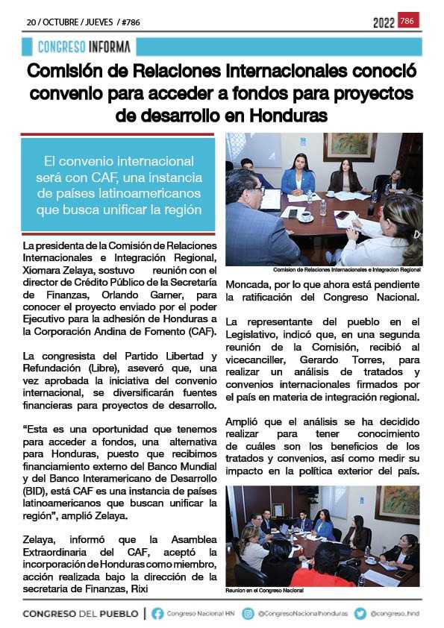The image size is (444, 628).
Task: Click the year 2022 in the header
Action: click(x=384, y=22)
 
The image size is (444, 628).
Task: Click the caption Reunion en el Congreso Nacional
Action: click(x=265, y=590)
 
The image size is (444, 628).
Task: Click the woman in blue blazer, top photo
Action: click(x=298, y=177)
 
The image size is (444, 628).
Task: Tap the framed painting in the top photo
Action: click(x=350, y=147)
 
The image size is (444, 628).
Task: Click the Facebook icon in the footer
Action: click(x=157, y=613)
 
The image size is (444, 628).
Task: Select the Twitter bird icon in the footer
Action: click(x=360, y=613)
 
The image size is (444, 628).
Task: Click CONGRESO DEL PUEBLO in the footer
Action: click(x=81, y=613)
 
